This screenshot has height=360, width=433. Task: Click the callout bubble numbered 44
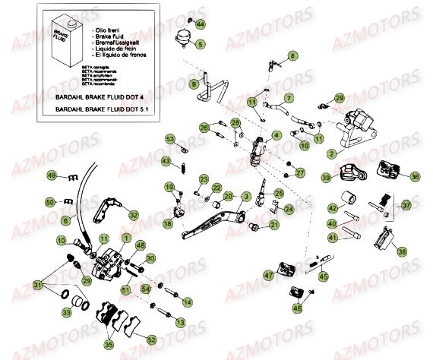click(x=200, y=25)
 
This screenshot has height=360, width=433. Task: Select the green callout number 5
click(x=200, y=45)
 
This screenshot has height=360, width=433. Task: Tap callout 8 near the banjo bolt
click(x=292, y=56)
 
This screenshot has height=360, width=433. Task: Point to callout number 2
click(x=332, y=153)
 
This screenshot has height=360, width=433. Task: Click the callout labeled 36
click(x=415, y=176)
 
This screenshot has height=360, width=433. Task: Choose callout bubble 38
click(x=402, y=251)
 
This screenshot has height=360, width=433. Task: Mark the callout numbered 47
click(x=268, y=276)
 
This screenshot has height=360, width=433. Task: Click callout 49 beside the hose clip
click(x=51, y=176)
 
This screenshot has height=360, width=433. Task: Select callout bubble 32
click(x=134, y=216)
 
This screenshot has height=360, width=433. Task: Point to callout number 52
click(x=151, y=339)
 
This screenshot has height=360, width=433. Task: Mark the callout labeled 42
click(x=332, y=207)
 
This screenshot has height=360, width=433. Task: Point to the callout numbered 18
click(x=167, y=225)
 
